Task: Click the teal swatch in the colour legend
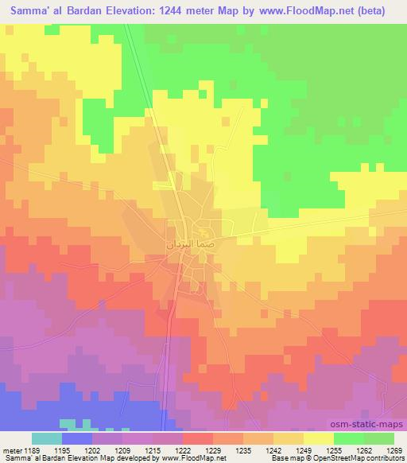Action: [x=47, y=438]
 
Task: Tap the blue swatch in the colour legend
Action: [x=77, y=438]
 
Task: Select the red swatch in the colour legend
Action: [x=198, y=438]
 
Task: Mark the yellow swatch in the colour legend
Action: [x=319, y=438]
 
